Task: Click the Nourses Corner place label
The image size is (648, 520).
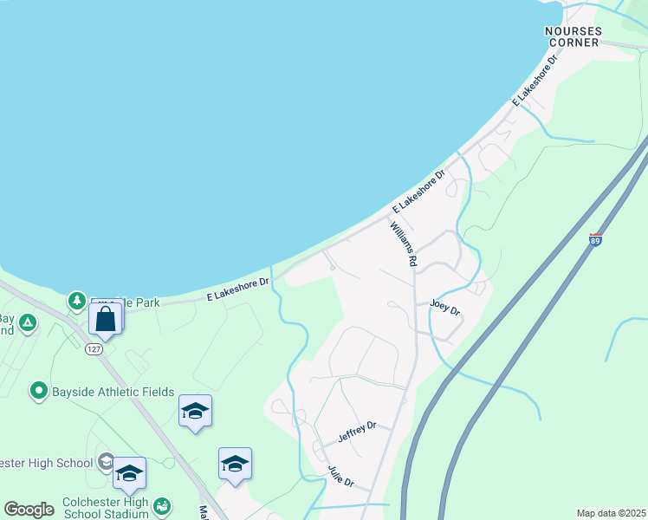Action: [x=573, y=36]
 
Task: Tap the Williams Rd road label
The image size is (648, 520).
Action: [x=404, y=244]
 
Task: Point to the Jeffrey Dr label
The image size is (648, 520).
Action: [x=357, y=432]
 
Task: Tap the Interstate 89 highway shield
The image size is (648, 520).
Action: [x=595, y=238]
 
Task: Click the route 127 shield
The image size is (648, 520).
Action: [x=94, y=349]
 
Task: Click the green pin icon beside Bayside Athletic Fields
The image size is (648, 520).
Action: [x=38, y=392]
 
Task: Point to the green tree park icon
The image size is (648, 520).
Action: [x=77, y=301]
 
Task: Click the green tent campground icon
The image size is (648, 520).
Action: [x=28, y=323]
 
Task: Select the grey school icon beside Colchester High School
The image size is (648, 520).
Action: [x=106, y=460]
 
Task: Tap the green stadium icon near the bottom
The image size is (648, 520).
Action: [x=162, y=505]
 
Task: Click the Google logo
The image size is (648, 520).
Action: [x=29, y=510]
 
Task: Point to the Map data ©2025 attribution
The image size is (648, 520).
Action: [x=610, y=513]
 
